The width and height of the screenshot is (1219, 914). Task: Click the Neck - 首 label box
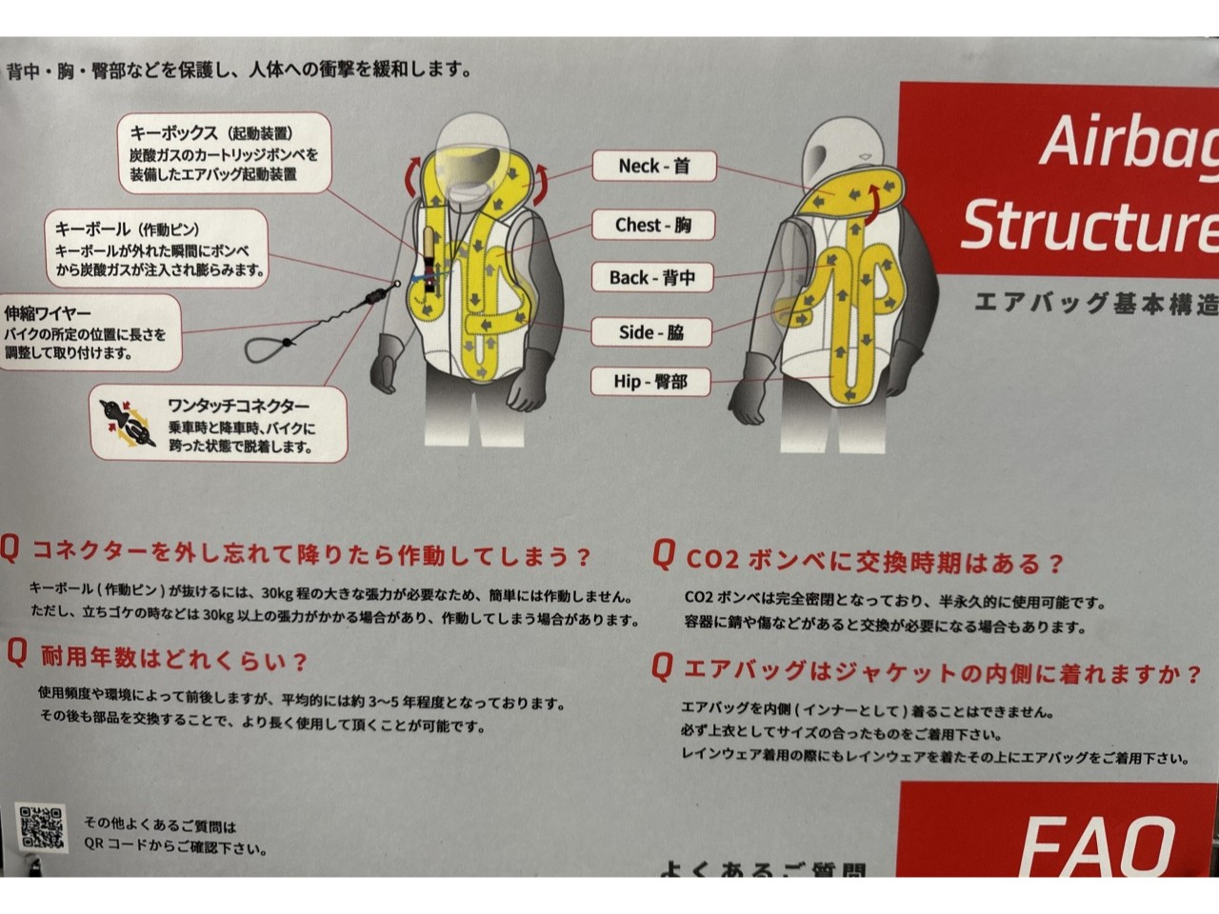(653, 166)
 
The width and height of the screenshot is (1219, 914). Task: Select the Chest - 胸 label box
(652, 226)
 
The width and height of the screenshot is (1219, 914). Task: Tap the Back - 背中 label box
(652, 278)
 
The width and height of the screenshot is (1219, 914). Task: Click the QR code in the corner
(42, 827)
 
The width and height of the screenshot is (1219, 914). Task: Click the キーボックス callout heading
(210, 133)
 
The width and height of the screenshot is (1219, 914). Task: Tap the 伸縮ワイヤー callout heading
(48, 313)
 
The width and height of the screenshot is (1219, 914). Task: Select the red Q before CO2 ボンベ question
(664, 555)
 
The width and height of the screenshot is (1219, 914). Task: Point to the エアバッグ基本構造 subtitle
(1095, 304)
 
